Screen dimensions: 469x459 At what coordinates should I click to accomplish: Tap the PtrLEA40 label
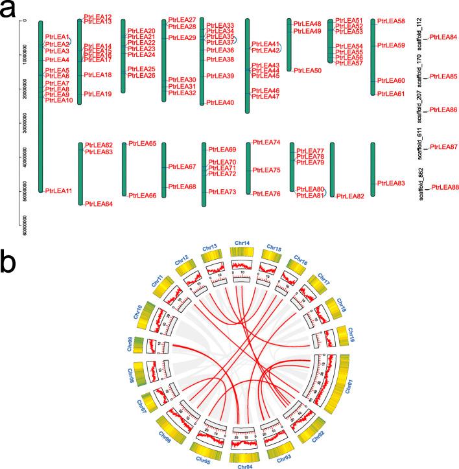[x=220, y=102]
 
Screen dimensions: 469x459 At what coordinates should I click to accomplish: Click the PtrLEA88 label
[x=445, y=187]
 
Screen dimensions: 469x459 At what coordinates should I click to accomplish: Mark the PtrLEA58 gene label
[x=391, y=21]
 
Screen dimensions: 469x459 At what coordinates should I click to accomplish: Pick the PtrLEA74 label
[x=266, y=143]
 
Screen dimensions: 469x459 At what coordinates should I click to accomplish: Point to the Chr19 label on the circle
[x=351, y=334]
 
